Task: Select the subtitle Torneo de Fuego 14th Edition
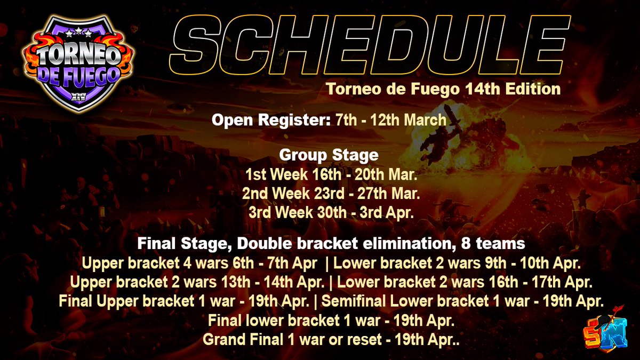[443, 89]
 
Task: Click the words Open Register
[271, 121]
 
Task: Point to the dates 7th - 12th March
[391, 121]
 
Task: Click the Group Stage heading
[329, 156]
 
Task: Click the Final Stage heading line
[331, 244]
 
